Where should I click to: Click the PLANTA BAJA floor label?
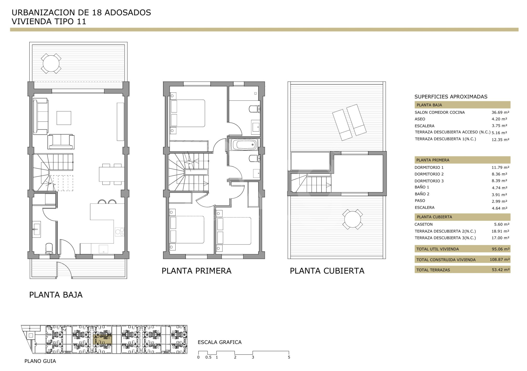[x=56, y=295]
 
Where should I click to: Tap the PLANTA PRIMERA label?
[x=196, y=271]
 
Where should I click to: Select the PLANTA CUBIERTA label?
[x=327, y=271]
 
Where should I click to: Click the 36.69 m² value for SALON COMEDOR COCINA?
[x=500, y=112]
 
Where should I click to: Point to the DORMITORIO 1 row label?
[x=429, y=167]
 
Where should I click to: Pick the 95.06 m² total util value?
[x=501, y=249]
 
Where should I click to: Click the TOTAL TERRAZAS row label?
[x=433, y=270]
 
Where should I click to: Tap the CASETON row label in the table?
[x=424, y=224]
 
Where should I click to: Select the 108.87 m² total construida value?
[x=500, y=260]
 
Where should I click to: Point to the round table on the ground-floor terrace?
[x=51, y=63]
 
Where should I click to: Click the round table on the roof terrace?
[x=353, y=219]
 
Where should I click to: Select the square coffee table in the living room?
[x=64, y=118]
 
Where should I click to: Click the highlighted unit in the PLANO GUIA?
[x=103, y=340]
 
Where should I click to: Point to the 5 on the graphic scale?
[x=289, y=357]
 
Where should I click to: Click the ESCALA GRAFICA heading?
[x=220, y=342]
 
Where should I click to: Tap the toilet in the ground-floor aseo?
[x=49, y=249]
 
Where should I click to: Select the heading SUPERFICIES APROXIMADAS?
[x=451, y=97]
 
